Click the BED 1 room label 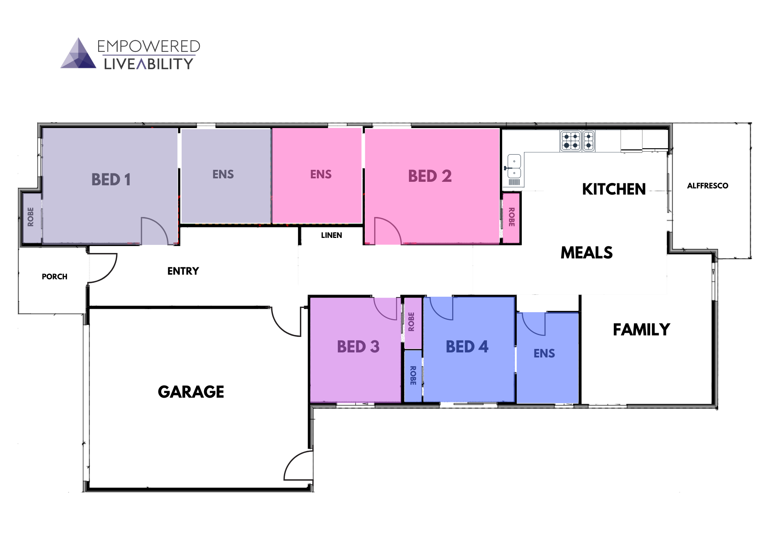(111, 179)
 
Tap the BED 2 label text (430, 176)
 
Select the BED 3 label (358, 347)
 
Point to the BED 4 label (467, 347)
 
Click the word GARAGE (191, 392)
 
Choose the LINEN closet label (331, 235)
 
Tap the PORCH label (54, 277)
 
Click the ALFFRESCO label (707, 186)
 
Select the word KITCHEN (614, 189)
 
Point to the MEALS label (586, 253)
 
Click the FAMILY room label (641, 330)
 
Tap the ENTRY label (183, 271)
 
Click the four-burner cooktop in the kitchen (571, 141)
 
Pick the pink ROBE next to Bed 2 (511, 217)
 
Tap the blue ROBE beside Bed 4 (413, 375)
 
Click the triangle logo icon (78, 54)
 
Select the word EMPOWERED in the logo (148, 46)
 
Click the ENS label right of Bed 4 (544, 353)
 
